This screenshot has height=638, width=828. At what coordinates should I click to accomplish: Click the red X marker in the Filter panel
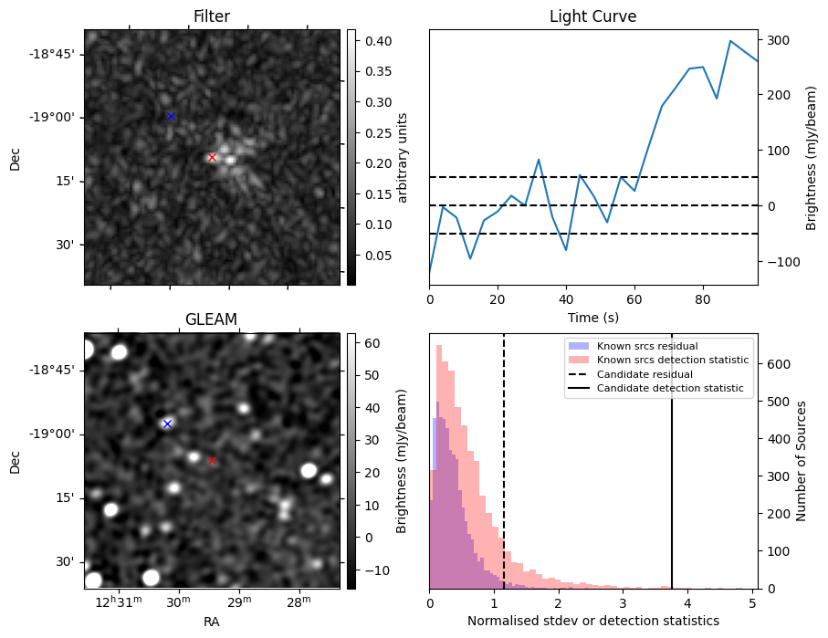pyautogui.click(x=213, y=157)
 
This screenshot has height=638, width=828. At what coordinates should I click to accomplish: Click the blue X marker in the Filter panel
pyautogui.click(x=171, y=116)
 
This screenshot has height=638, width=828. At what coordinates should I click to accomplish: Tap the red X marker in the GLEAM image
pyautogui.click(x=213, y=461)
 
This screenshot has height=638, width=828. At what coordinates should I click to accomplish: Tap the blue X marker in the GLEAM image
pyautogui.click(x=167, y=424)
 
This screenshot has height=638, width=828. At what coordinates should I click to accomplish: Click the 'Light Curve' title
pyautogui.click(x=592, y=16)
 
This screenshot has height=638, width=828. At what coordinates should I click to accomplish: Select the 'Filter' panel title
pyautogui.click(x=212, y=16)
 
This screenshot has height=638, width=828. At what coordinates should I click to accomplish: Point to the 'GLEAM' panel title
pyautogui.click(x=212, y=319)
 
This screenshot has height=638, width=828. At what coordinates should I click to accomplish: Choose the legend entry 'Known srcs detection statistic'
pyautogui.click(x=673, y=360)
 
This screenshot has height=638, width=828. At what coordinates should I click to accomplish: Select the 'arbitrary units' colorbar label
pyautogui.click(x=403, y=157)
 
